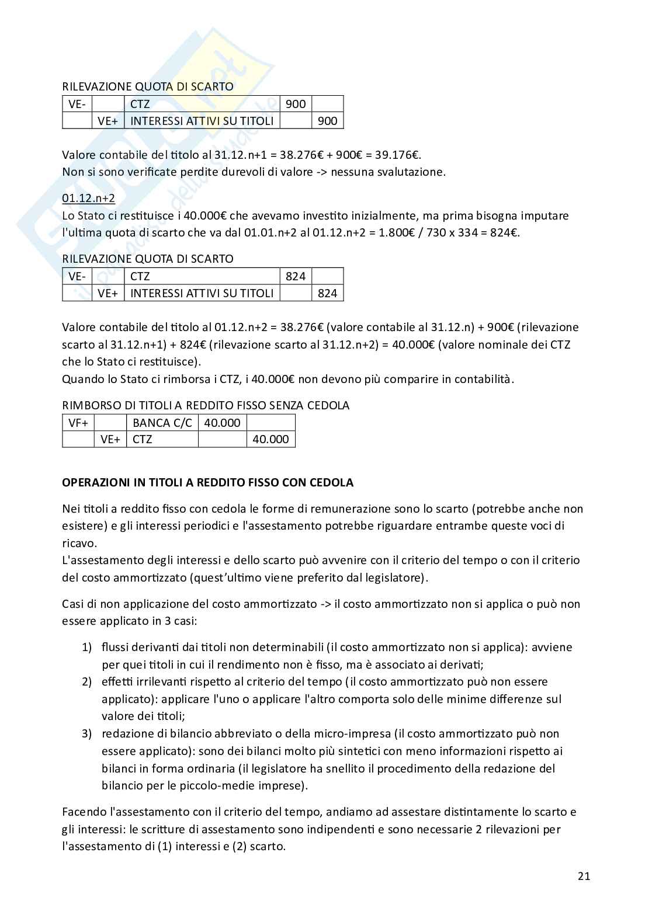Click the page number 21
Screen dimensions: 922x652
coord(584,876)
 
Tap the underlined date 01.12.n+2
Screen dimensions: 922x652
coord(89,198)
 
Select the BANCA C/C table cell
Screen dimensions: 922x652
coord(162,423)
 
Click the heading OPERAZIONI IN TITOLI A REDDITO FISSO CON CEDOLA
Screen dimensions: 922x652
coord(207,483)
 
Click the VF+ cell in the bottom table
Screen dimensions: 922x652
coord(78,423)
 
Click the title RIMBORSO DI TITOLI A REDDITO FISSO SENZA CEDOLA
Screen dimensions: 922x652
coord(206,405)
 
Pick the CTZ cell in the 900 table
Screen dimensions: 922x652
coord(140,104)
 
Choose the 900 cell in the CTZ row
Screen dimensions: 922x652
coord(296,104)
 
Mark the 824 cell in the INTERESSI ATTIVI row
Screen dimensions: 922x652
coord(327,293)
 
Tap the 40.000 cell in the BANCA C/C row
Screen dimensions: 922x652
coord(222,423)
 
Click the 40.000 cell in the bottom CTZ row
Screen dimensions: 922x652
coord(270,439)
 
